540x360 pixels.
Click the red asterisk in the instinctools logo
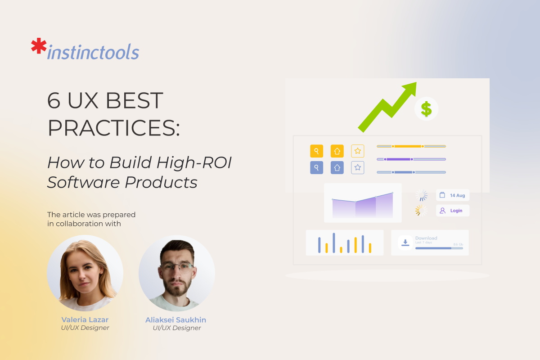coord(39,47)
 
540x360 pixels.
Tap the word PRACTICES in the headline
coord(113,128)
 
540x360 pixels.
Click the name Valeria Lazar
coord(85,319)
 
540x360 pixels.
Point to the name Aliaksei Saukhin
coord(176,319)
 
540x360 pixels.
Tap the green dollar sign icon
coord(426,109)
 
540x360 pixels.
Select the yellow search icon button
coord(317,151)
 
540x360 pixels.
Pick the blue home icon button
coord(337,168)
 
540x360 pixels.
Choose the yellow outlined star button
coord(358,151)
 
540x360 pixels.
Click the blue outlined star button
coord(358,168)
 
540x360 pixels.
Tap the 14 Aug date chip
coord(453,195)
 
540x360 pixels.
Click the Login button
coord(453,211)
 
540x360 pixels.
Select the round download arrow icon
coord(405,243)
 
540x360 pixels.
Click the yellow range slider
coord(411,146)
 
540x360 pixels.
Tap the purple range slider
coord(411,159)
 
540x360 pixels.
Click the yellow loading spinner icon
coord(422,211)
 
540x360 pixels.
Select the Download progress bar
coord(439,248)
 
